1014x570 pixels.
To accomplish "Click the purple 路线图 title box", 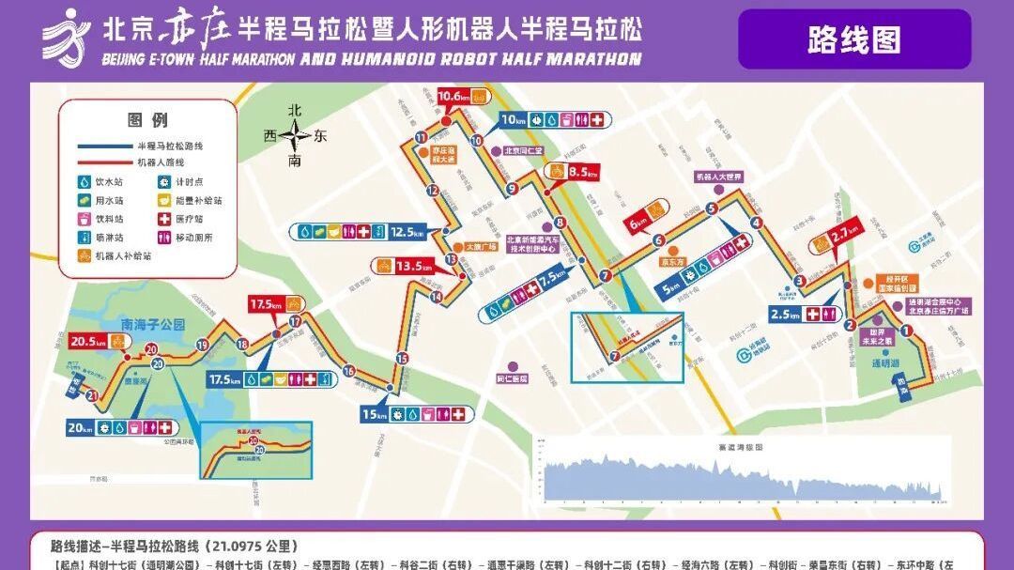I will (x=853, y=39).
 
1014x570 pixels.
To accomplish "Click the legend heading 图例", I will (x=147, y=120).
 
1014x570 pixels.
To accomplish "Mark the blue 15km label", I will (x=375, y=414).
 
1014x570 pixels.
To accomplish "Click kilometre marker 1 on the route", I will (x=906, y=331).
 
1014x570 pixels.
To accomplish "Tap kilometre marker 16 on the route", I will (x=348, y=371).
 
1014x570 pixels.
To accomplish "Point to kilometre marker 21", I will (x=92, y=395).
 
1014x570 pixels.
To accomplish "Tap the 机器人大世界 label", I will (x=718, y=176).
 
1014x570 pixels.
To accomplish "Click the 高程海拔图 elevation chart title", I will (x=739, y=447).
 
